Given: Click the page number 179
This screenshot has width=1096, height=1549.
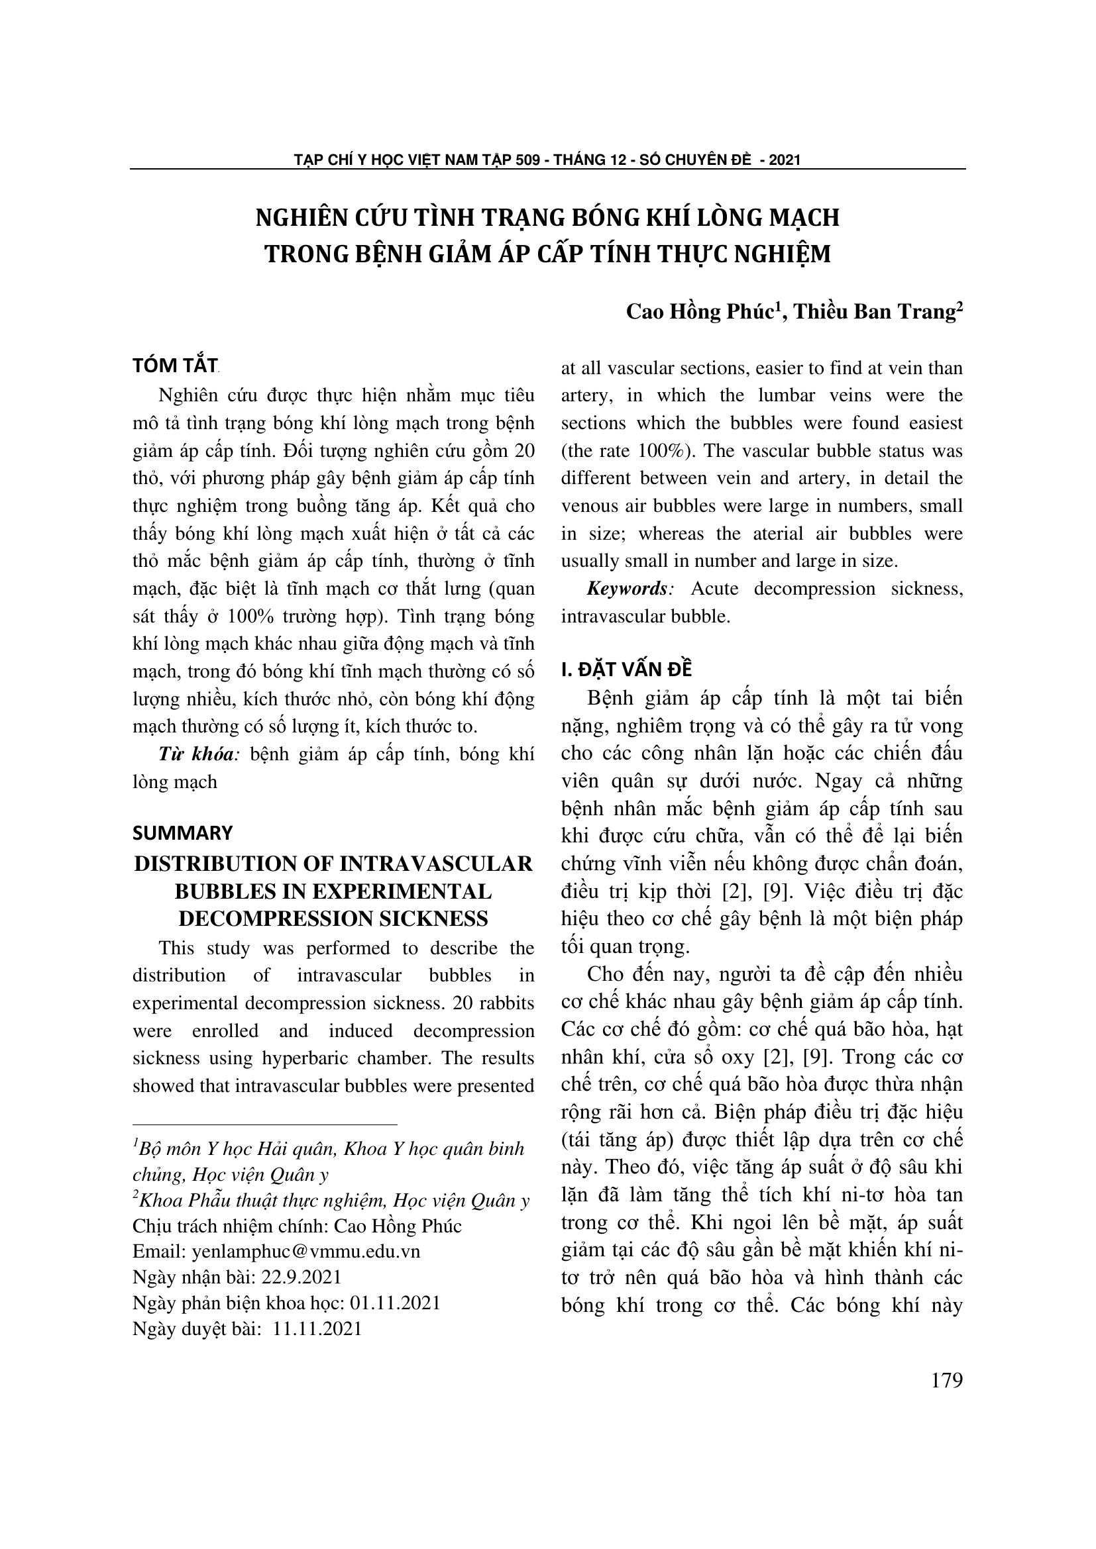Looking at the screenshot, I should click(x=946, y=1380).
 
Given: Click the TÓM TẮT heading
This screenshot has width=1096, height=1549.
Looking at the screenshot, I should click(x=175, y=366).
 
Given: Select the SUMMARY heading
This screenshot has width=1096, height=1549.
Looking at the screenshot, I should click(x=182, y=833).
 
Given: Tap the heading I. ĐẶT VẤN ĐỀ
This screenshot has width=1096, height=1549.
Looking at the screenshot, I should click(x=626, y=670).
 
